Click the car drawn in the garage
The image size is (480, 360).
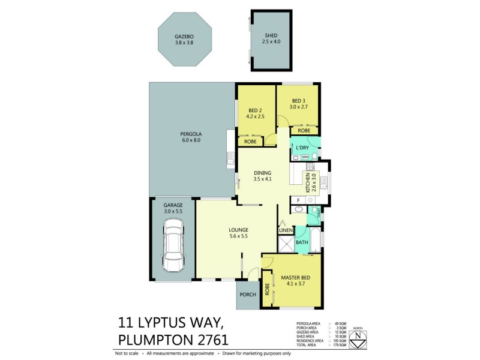coord(173,246)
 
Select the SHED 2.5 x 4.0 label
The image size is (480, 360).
coord(271,40)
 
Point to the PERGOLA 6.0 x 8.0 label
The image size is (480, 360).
coord(190,136)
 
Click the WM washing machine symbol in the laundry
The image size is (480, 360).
coord(305,157)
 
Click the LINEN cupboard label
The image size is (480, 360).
coord(286,230)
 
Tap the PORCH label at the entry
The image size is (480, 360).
coord(247,295)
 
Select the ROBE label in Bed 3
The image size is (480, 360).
coord(304,130)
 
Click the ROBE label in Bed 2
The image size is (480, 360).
coord(250,142)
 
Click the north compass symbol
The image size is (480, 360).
coord(358,337)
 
